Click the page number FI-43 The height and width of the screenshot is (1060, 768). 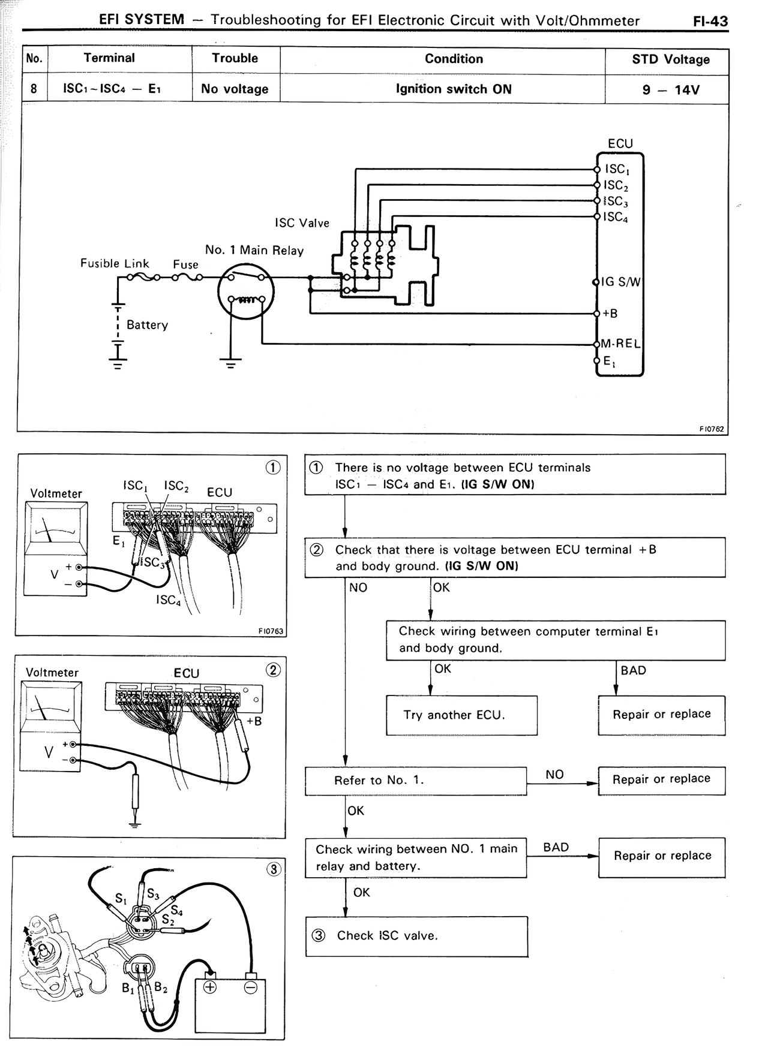(x=710, y=22)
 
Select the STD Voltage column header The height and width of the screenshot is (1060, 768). (x=670, y=59)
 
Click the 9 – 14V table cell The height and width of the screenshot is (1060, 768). (x=670, y=90)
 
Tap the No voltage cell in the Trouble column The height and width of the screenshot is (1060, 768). (x=235, y=89)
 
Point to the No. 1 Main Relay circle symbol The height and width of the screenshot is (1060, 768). (x=245, y=291)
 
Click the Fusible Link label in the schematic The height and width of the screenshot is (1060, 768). (x=115, y=263)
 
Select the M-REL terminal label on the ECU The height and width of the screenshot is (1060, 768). (x=620, y=344)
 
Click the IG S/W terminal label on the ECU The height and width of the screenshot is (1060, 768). (x=621, y=282)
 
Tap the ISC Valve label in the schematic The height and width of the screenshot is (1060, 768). (x=302, y=223)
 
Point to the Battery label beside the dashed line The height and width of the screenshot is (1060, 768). (x=147, y=325)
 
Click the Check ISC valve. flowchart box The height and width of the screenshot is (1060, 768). (x=416, y=936)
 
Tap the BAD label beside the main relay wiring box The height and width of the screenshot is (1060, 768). (x=556, y=847)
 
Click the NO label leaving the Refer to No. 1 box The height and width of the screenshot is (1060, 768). (x=554, y=775)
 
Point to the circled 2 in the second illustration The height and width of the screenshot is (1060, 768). (x=272, y=670)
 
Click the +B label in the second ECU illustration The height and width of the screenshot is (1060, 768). (x=254, y=721)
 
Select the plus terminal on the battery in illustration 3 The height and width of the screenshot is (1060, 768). (x=210, y=987)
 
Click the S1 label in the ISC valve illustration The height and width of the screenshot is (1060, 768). (x=121, y=899)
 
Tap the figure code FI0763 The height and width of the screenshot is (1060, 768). (x=271, y=631)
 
